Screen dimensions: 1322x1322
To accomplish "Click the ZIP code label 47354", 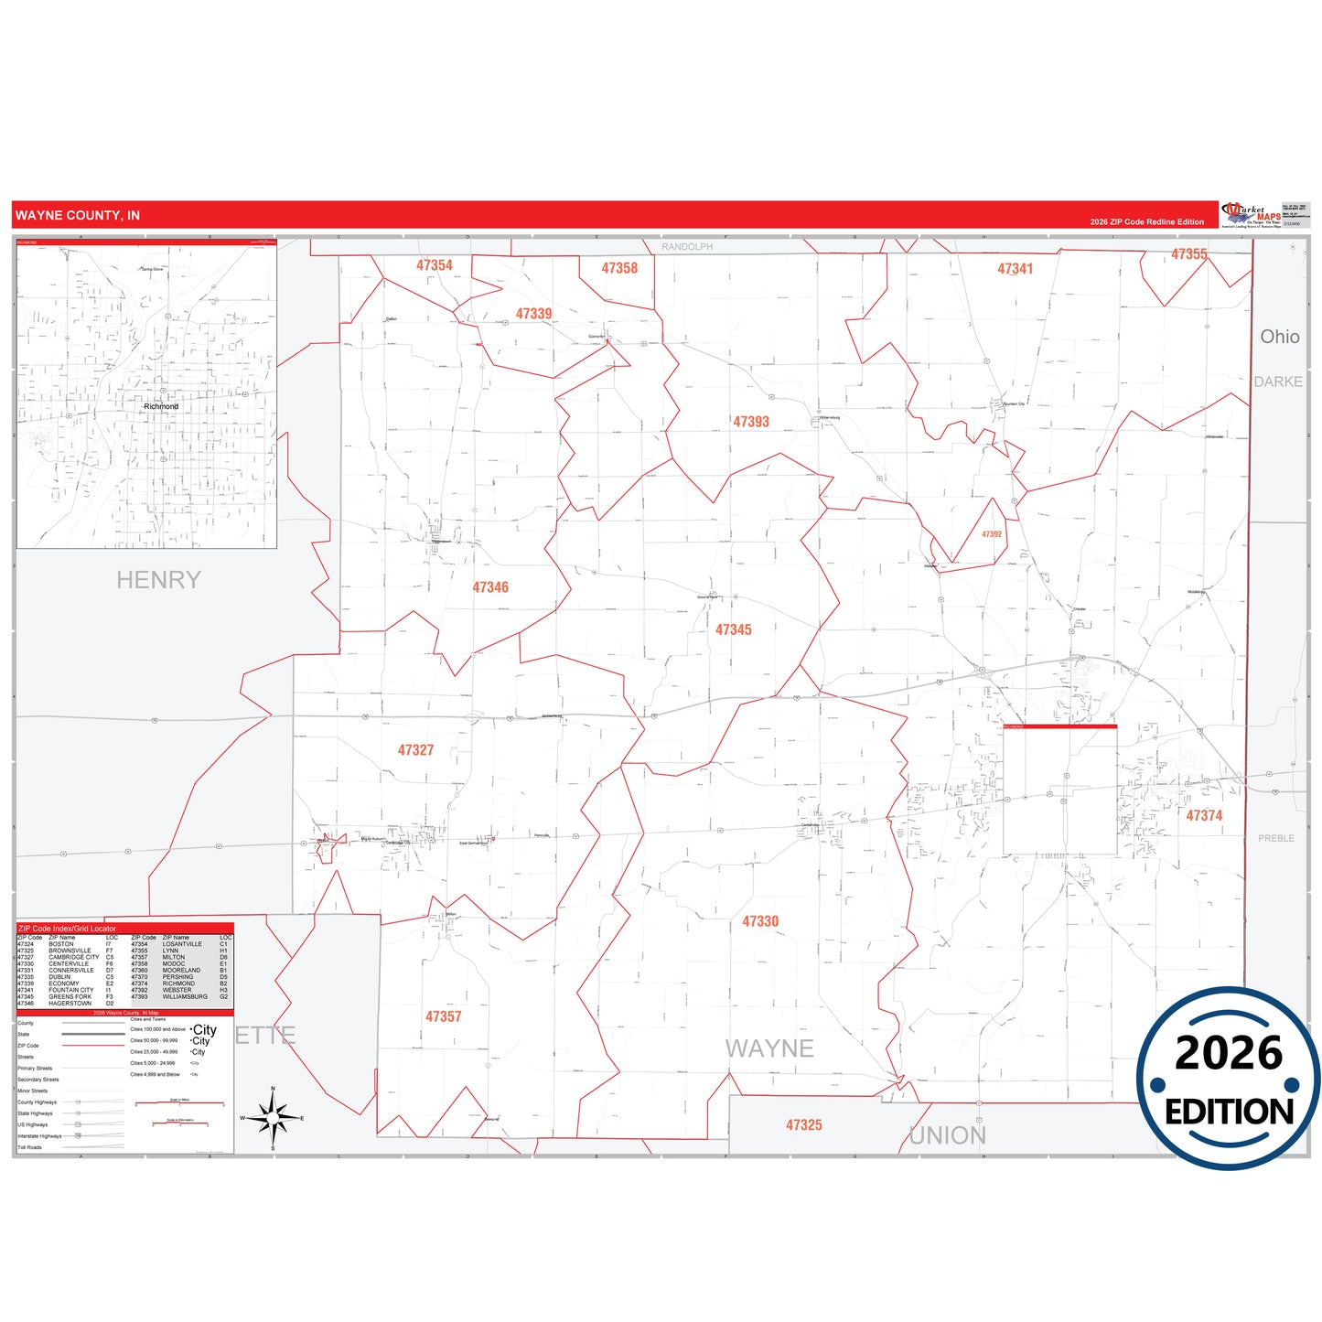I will [x=435, y=265].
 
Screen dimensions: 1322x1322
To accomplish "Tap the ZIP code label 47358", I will [x=619, y=268].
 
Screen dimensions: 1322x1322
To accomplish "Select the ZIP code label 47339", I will [x=533, y=314].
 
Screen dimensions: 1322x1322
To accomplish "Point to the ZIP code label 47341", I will [x=1015, y=269].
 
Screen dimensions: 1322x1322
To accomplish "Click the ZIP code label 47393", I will [x=751, y=422].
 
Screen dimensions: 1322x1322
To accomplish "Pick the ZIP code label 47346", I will [x=490, y=587].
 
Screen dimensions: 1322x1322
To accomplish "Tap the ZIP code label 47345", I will [x=734, y=629].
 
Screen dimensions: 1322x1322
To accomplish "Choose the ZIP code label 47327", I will [x=415, y=750].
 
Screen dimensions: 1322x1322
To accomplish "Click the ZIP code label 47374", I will [x=1204, y=815].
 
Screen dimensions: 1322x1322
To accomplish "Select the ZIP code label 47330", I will [x=760, y=921].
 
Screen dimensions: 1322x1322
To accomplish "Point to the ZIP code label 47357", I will [x=444, y=1016].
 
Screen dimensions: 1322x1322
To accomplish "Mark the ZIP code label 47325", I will [x=804, y=1125].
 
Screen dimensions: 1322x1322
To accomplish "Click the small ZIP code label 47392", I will [x=992, y=534].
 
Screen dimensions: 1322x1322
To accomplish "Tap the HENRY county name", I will [x=158, y=580].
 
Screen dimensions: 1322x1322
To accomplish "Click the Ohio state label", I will [x=1280, y=337].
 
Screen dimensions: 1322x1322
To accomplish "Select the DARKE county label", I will [x=1278, y=382].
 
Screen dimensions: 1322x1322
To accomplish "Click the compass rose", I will [x=273, y=1118].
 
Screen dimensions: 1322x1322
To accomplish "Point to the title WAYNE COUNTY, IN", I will [x=78, y=216].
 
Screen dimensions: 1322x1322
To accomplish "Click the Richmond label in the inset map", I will [x=161, y=406].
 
